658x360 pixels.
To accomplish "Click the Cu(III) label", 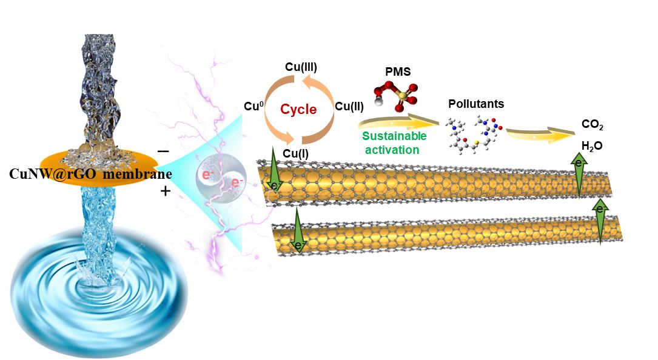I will click(x=301, y=67).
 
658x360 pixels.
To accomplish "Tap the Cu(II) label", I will click(x=349, y=107).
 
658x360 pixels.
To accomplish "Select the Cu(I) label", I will click(x=295, y=153).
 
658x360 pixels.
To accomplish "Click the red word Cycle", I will click(x=298, y=110).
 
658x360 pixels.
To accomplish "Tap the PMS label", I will click(x=398, y=72).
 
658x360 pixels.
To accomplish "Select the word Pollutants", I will click(x=476, y=104).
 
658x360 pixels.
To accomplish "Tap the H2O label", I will click(x=592, y=147).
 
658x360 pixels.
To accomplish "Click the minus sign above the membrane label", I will click(x=163, y=150).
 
